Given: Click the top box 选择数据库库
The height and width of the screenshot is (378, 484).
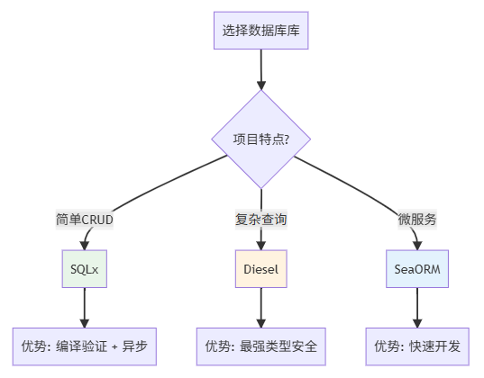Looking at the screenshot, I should coord(261,31).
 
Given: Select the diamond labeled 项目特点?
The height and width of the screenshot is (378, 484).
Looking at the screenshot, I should coord(261,139).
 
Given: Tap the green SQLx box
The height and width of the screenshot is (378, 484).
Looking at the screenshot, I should coord(85,268).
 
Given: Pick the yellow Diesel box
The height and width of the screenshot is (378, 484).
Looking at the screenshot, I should coord(261,268).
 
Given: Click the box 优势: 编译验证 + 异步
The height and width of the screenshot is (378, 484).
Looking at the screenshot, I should coord(85,346).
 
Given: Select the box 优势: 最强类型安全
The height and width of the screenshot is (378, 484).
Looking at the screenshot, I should coord(261,346).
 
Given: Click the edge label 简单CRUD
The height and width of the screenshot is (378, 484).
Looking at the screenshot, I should coord(85,219).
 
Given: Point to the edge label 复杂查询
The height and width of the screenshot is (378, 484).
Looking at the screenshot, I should coord(261,219).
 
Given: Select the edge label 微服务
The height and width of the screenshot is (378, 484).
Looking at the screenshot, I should coord(417,219).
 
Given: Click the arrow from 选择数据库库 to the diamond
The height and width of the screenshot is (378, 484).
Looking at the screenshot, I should coord(261,68).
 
